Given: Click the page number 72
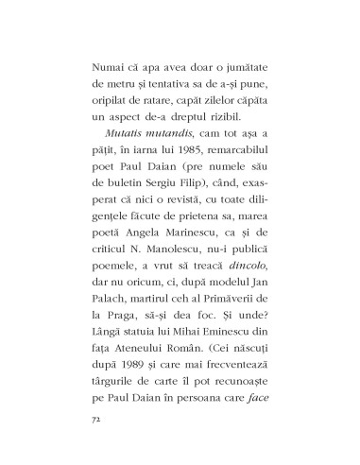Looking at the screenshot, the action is click(92, 415).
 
